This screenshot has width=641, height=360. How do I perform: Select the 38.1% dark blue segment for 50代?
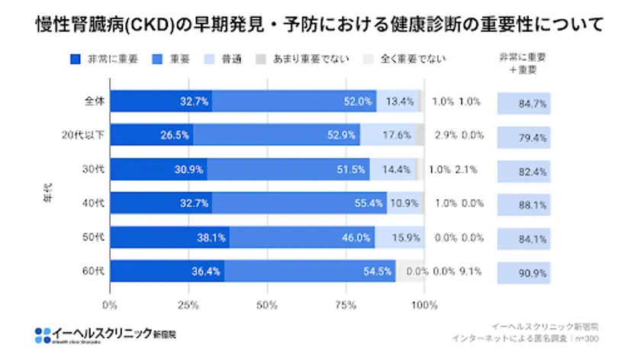click(x=170, y=237)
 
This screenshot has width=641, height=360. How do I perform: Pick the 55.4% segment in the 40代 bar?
click(x=299, y=203)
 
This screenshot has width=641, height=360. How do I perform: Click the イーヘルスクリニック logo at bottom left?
click(x=106, y=333)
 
